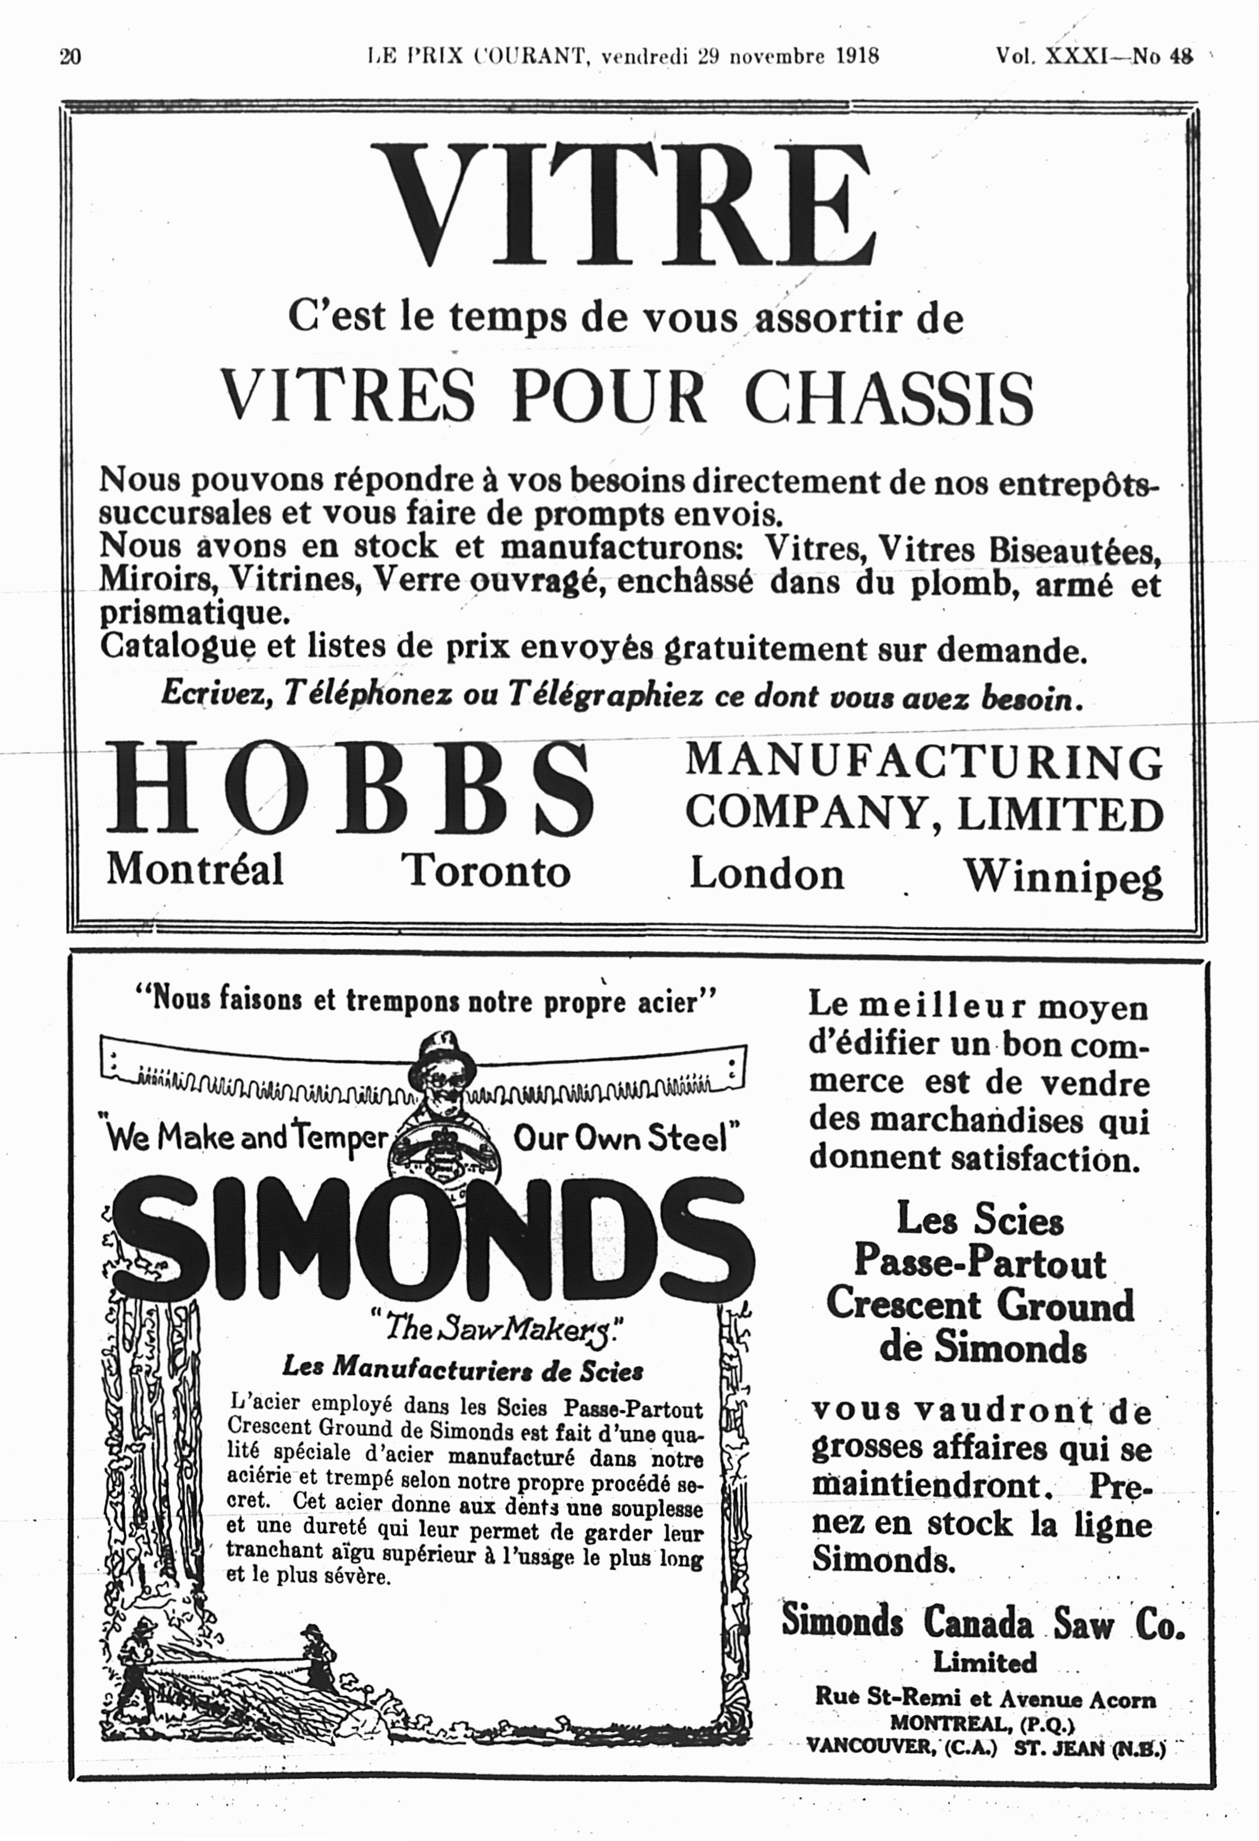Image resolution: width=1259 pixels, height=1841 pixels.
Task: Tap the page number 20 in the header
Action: click(71, 57)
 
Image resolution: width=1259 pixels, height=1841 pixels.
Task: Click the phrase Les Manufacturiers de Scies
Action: click(463, 1368)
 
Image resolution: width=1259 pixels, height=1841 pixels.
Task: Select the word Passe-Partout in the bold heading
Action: click(979, 1262)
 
